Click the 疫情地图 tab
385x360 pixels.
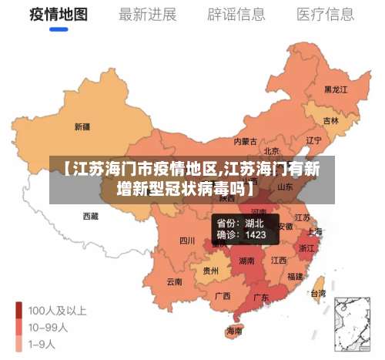click(x=59, y=15)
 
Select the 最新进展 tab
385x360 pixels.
click(x=148, y=15)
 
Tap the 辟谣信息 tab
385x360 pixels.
click(x=236, y=15)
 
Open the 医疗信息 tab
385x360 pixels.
click(x=326, y=15)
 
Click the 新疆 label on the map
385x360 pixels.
click(x=82, y=126)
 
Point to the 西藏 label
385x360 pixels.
click(x=90, y=217)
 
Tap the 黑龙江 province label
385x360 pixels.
click(x=336, y=89)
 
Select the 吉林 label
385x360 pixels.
click(x=331, y=121)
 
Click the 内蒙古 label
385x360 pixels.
click(x=246, y=141)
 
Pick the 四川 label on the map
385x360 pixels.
click(x=187, y=241)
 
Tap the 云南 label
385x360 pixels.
click(x=175, y=282)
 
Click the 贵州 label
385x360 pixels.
click(x=210, y=271)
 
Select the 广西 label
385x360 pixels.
click(x=223, y=296)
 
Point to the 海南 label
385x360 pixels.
click(x=234, y=331)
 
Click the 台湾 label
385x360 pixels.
click(x=316, y=293)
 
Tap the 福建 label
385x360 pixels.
click(x=295, y=276)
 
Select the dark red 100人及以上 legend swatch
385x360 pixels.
click(x=19, y=311)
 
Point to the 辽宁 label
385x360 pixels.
click(x=313, y=140)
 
